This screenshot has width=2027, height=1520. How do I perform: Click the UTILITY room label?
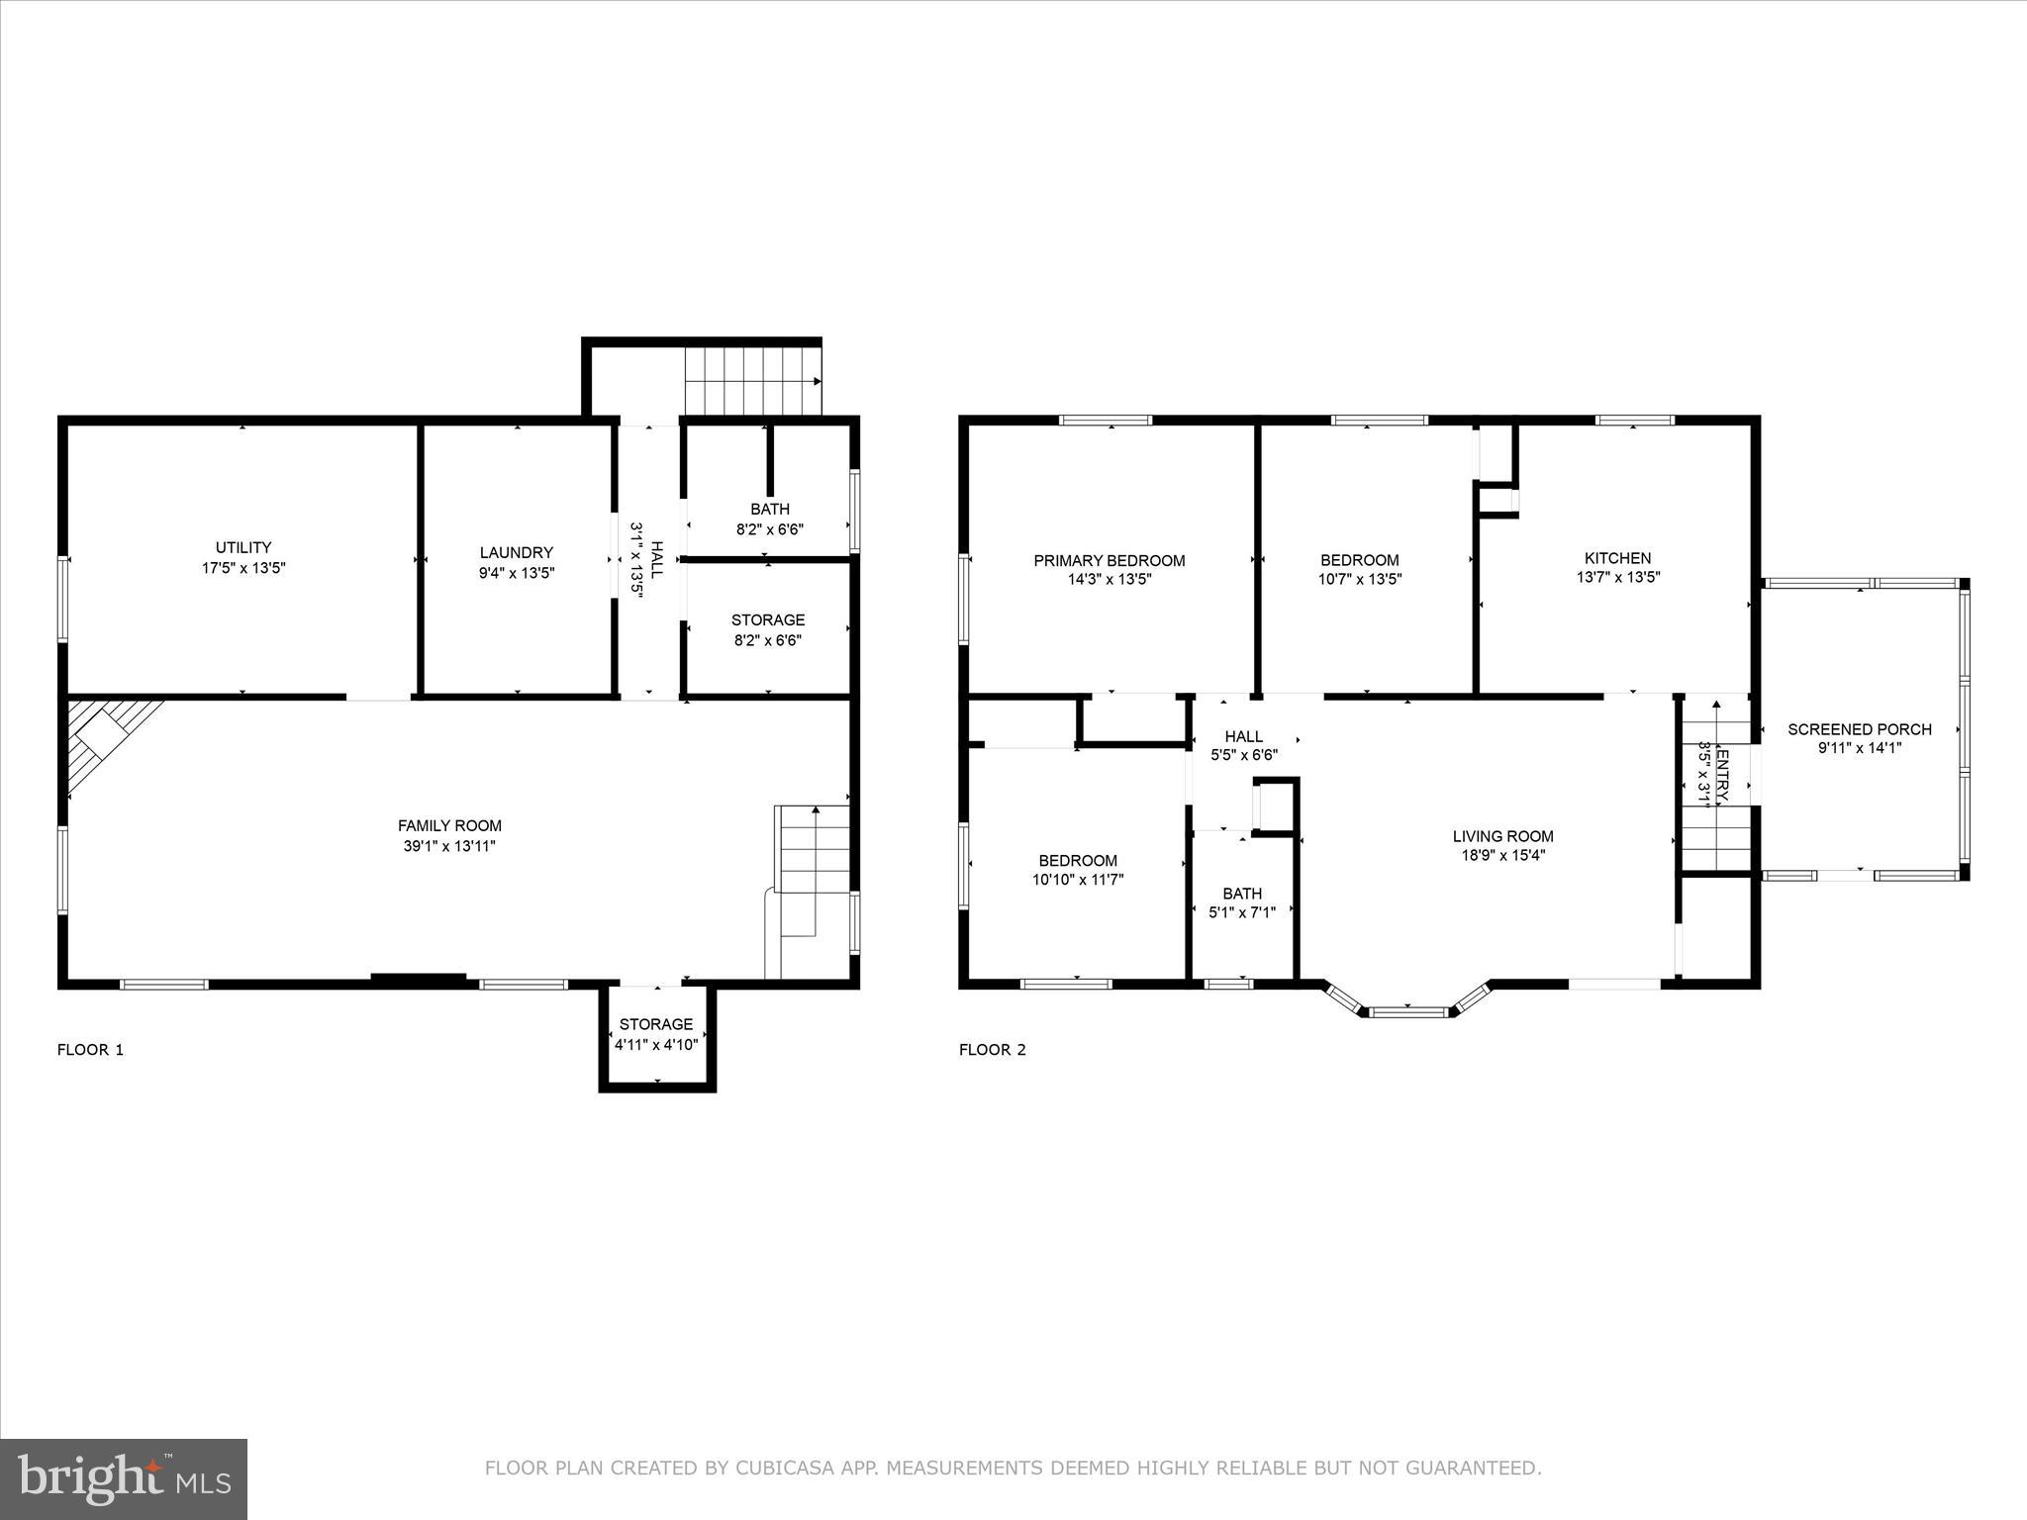click(x=243, y=547)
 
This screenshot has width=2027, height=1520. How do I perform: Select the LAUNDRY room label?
click(x=516, y=552)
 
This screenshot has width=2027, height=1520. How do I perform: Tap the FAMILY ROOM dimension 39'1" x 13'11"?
click(x=449, y=846)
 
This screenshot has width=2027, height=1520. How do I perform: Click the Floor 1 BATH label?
click(x=769, y=509)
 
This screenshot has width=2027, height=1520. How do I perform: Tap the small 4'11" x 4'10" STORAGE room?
click(x=656, y=1034)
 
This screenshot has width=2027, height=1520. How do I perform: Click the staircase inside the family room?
click(x=814, y=871)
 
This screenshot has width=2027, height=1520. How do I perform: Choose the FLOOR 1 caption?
click(x=90, y=1050)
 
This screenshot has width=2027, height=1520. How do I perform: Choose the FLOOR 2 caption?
click(x=992, y=1050)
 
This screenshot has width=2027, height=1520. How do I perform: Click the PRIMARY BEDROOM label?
click(x=1109, y=560)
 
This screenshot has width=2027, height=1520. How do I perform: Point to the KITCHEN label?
click(x=1617, y=558)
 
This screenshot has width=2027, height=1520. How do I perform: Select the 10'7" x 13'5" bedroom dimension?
click(x=1359, y=580)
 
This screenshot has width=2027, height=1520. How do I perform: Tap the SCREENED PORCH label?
click(x=1859, y=729)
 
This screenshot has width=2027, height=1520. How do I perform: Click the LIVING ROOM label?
click(x=1502, y=836)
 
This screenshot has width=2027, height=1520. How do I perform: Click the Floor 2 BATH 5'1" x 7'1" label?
click(x=1241, y=902)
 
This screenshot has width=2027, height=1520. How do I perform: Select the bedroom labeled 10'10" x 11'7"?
click(x=1078, y=870)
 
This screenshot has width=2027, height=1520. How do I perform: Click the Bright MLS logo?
click(x=124, y=1478)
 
